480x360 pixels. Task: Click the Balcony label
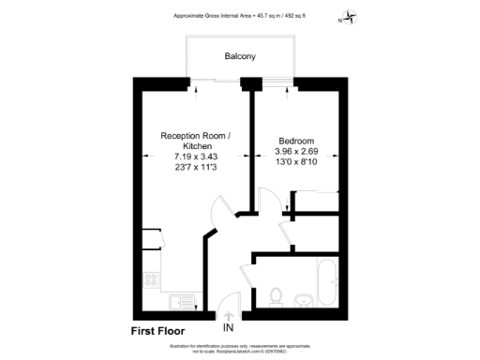(x=240, y=57)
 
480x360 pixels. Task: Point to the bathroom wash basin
(x=304, y=301)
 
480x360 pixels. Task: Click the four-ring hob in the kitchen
(x=150, y=278)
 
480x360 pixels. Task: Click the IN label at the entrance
(x=229, y=329)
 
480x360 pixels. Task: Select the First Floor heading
(x=157, y=330)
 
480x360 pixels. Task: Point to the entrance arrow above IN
(x=229, y=315)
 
